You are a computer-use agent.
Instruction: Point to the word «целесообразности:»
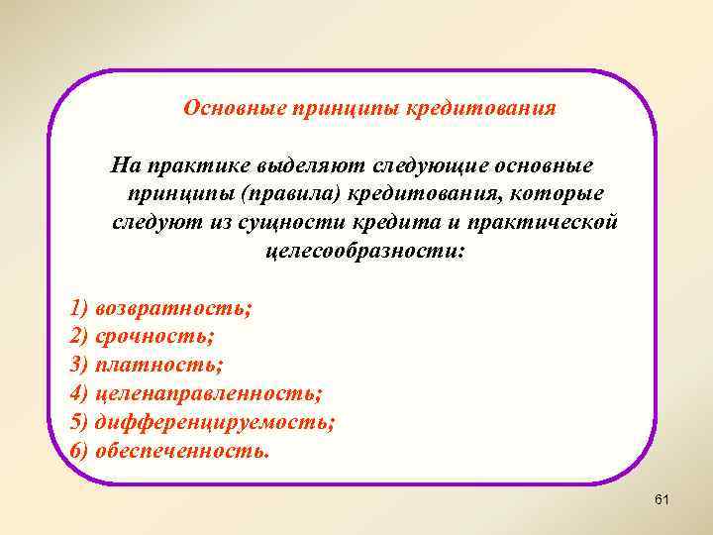point(362,248)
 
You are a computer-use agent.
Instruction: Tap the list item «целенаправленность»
point(209,394)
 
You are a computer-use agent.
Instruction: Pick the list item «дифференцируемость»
point(215,423)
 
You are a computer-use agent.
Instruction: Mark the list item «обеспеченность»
point(181,452)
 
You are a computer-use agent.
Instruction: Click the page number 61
point(662,501)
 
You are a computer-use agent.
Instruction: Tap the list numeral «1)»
point(80,308)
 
